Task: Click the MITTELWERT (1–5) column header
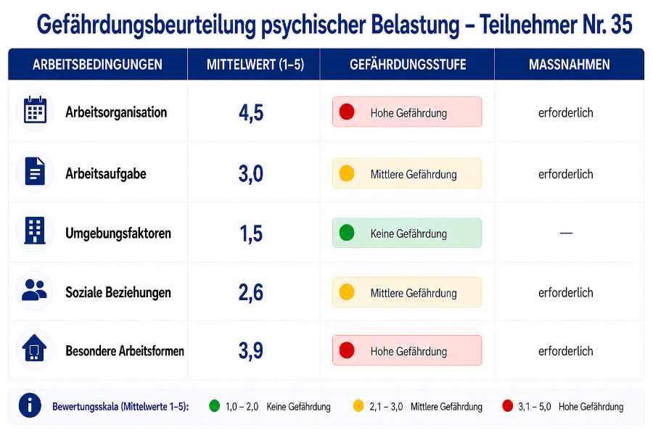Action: (x=255, y=65)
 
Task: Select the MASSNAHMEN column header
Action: (x=570, y=65)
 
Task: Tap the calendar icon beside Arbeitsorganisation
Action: (x=35, y=110)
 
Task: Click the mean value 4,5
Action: (x=251, y=112)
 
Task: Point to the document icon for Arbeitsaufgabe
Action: (x=35, y=171)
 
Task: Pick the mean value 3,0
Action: (x=251, y=173)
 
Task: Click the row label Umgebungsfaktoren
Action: (x=118, y=233)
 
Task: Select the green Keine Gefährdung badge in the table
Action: (x=407, y=233)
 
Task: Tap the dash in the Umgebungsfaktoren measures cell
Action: (x=566, y=233)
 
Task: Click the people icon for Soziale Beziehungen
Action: (x=34, y=290)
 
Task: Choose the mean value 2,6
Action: (x=251, y=292)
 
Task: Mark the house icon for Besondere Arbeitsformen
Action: (x=35, y=347)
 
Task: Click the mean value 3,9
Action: (x=251, y=350)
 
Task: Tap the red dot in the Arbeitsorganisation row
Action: (x=347, y=112)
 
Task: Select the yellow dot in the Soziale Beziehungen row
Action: (x=347, y=292)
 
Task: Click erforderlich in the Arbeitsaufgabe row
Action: (x=565, y=174)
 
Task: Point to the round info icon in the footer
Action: (x=30, y=405)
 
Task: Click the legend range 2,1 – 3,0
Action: (x=386, y=407)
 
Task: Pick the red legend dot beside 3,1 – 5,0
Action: (x=508, y=406)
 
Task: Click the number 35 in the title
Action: (x=621, y=24)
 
